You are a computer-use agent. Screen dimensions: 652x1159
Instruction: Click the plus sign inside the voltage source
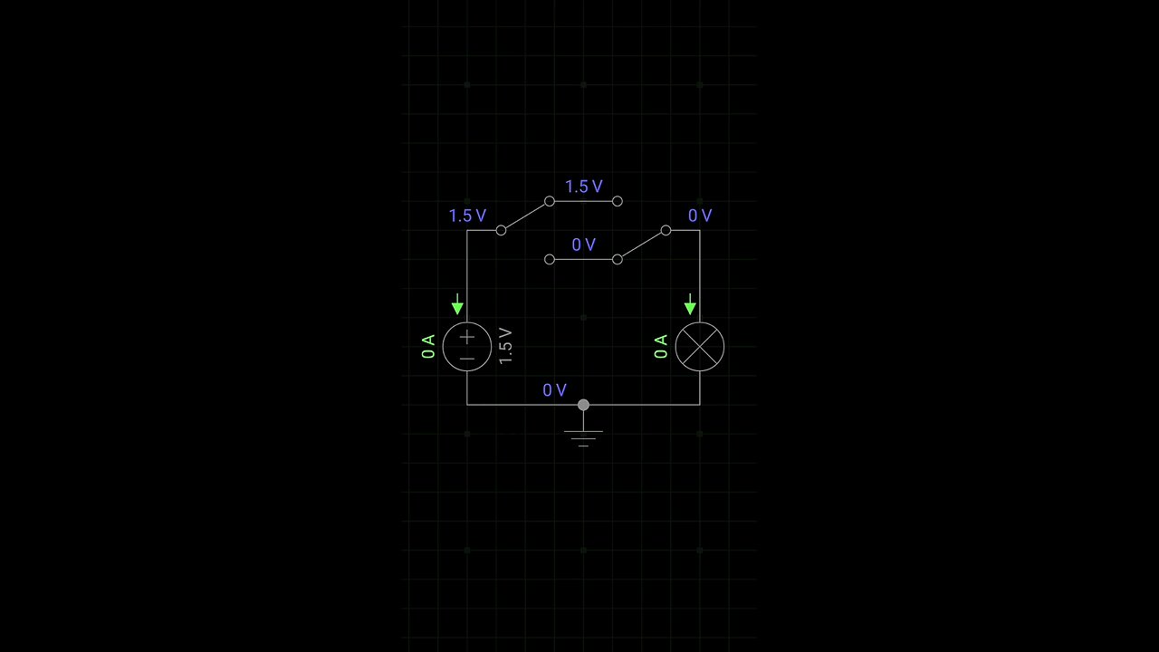pyautogui.click(x=467, y=337)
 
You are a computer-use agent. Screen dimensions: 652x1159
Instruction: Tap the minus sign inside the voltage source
pyautogui.click(x=467, y=359)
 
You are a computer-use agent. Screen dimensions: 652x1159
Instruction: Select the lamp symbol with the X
pyautogui.click(x=700, y=346)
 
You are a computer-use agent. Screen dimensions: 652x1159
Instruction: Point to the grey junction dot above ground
pyautogui.click(x=583, y=405)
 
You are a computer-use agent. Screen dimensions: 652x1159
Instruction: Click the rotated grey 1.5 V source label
pyautogui.click(x=505, y=346)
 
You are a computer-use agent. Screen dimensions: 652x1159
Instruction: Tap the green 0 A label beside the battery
pyautogui.click(x=429, y=346)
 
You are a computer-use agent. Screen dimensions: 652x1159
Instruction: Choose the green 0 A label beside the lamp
pyautogui.click(x=661, y=346)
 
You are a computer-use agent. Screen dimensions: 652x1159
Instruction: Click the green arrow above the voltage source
pyautogui.click(x=457, y=304)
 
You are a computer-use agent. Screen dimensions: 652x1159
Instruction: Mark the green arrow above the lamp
pyautogui.click(x=690, y=304)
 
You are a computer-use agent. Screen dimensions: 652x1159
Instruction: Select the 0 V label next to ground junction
pyautogui.click(x=554, y=390)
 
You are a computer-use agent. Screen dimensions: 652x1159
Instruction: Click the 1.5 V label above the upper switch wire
pyautogui.click(x=583, y=187)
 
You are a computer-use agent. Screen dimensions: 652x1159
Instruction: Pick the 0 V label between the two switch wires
pyautogui.click(x=583, y=244)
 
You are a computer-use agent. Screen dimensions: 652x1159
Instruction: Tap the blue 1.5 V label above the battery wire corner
pyautogui.click(x=467, y=216)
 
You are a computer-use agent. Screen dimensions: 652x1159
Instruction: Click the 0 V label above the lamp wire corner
pyautogui.click(x=700, y=216)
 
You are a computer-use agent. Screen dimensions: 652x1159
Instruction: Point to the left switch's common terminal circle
pyautogui.click(x=501, y=230)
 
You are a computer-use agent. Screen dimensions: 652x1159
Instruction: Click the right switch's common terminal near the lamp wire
pyautogui.click(x=666, y=230)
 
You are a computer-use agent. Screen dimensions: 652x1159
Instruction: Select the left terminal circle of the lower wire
pyautogui.click(x=550, y=259)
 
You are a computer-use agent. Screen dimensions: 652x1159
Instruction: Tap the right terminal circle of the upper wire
pyautogui.click(x=617, y=201)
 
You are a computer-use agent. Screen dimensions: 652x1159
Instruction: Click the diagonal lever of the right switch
pyautogui.click(x=641, y=244)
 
